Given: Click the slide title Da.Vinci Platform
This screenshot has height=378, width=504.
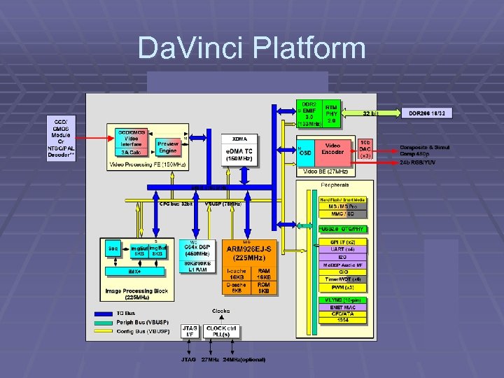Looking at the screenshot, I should [251, 48].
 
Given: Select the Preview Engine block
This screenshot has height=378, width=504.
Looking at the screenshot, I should [167, 147].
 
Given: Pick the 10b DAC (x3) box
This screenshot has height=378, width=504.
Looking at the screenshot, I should [365, 148].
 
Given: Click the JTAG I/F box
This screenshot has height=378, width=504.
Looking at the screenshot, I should [189, 330].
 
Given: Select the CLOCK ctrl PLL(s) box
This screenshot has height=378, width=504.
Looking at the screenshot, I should [220, 330].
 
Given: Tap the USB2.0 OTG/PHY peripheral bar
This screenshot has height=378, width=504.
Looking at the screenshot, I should [342, 229].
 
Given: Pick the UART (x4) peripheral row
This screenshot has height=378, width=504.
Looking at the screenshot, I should [342, 248].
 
